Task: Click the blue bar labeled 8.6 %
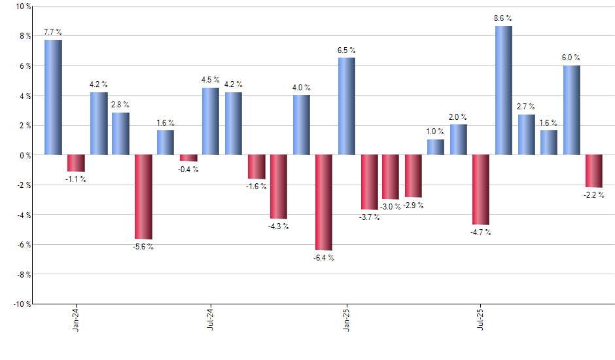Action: click(503, 90)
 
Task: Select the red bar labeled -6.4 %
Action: click(324, 202)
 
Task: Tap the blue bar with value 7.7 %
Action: click(53, 97)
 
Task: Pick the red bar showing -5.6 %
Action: click(143, 196)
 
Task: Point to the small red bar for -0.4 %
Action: click(188, 158)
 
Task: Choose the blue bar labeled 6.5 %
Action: click(346, 106)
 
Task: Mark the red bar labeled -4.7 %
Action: click(481, 190)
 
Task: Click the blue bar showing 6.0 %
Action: click(571, 110)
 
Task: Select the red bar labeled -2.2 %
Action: click(594, 171)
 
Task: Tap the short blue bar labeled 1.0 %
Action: click(436, 147)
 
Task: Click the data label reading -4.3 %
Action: click(278, 226)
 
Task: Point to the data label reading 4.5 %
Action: click(211, 81)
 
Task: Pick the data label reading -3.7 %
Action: click(369, 217)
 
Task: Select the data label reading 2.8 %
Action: click(120, 105)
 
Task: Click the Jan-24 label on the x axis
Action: click(77, 319)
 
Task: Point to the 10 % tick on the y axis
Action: click(22, 7)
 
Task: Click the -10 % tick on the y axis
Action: click(21, 304)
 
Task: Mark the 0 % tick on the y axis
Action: click(24, 155)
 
